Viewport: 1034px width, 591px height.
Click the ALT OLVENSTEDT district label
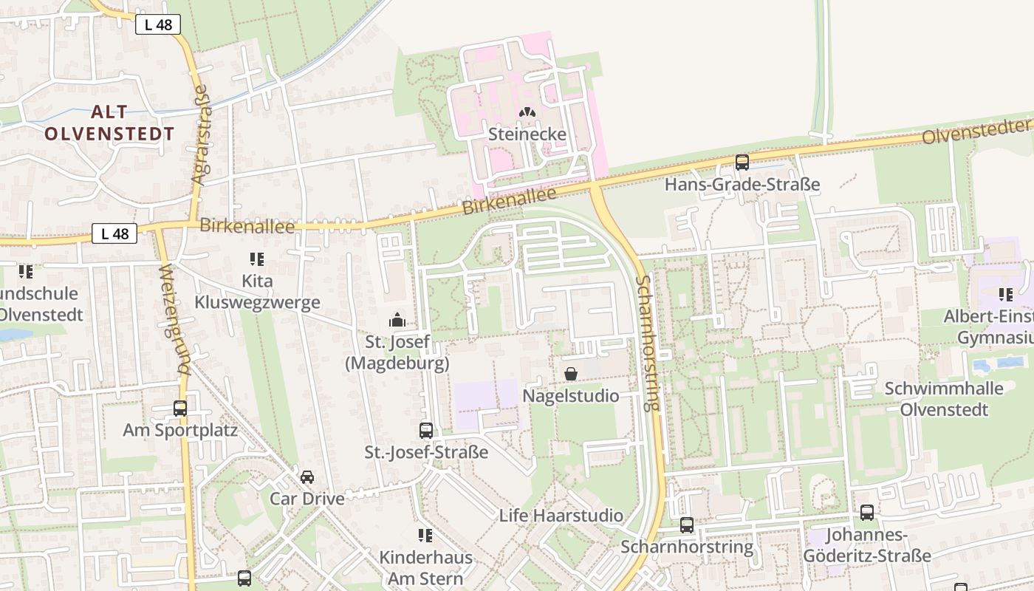coord(109,123)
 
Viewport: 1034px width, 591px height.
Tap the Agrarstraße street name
coord(200,134)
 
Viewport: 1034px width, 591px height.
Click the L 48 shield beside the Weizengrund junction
coord(114,233)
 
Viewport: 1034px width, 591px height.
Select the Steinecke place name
coord(527,134)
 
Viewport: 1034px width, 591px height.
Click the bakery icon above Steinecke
coord(527,113)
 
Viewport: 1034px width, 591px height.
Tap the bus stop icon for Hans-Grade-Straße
coord(742,163)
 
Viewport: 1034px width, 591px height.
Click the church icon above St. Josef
coord(397,321)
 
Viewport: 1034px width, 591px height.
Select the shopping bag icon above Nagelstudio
coord(570,374)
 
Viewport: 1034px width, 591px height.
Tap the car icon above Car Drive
coord(307,476)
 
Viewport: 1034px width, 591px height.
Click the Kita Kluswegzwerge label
coord(257,292)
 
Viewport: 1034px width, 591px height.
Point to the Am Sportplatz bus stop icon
coord(179,408)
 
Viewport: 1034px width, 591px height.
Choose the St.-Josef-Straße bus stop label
coord(426,452)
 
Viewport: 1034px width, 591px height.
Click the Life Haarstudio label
coord(561,516)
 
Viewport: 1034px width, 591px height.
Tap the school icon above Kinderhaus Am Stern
coord(425,535)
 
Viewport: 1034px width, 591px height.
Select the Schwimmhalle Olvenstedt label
coord(944,399)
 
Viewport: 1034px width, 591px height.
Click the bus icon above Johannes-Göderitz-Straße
coord(866,512)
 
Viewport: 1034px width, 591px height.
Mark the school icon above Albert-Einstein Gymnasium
coord(1005,295)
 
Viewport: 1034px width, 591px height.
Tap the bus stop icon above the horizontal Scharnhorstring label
coord(687,525)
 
